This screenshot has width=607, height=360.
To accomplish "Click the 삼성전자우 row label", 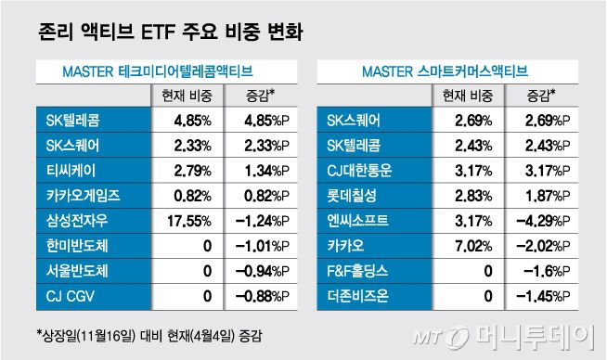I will (77, 221).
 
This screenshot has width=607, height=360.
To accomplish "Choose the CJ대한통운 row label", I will (364, 170).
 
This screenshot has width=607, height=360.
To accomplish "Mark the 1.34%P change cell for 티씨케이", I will (254, 170).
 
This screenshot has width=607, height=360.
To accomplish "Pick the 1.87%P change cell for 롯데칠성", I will (541, 196).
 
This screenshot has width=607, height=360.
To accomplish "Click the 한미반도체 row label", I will (77, 247).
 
